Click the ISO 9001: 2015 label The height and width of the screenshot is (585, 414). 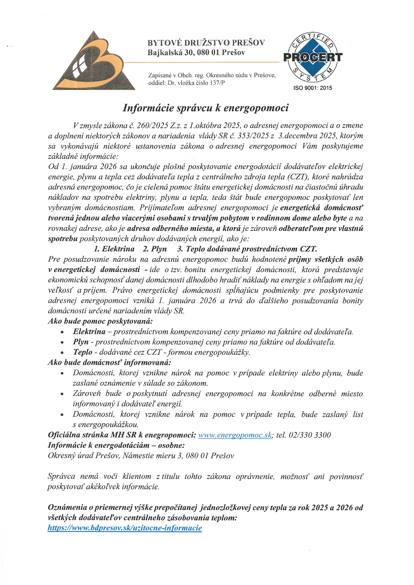(x=313, y=88)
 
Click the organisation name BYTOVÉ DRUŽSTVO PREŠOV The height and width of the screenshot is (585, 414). (x=206, y=42)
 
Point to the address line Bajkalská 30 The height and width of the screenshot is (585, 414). (x=166, y=53)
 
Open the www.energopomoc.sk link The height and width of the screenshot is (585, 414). (x=235, y=435)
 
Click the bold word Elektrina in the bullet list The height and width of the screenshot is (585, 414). (x=89, y=331)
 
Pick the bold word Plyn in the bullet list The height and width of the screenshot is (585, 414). (x=81, y=342)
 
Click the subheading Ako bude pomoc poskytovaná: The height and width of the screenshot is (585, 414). (x=100, y=321)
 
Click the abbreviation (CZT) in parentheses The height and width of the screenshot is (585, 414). (x=297, y=177)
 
